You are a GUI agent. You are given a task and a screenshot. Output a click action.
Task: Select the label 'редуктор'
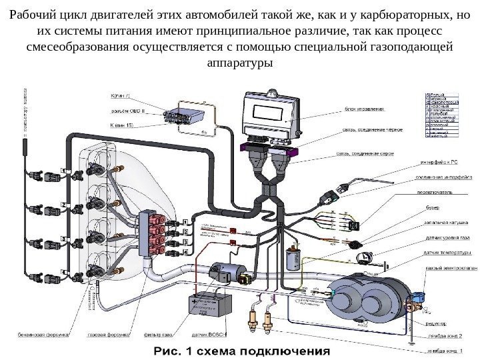pos(437,318)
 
